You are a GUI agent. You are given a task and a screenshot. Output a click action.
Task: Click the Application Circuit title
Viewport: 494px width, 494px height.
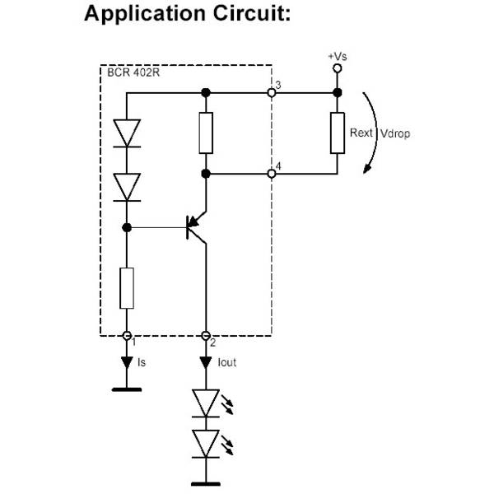(188, 16)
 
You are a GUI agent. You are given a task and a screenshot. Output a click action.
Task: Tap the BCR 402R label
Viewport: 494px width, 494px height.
(133, 72)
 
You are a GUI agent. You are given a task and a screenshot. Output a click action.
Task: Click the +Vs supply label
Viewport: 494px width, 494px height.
(336, 55)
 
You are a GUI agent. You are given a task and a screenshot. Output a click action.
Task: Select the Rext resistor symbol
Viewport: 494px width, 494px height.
(337, 133)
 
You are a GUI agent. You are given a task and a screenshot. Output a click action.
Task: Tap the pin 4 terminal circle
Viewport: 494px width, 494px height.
(271, 174)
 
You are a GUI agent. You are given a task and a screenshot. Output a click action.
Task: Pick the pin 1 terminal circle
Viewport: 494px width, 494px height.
(126, 335)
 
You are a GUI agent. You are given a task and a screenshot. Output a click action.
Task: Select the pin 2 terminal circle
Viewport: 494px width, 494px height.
(206, 335)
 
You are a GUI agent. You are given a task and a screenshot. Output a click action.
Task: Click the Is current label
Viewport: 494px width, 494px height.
(142, 361)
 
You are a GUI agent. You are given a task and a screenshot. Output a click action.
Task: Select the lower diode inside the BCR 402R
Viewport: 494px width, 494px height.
(126, 187)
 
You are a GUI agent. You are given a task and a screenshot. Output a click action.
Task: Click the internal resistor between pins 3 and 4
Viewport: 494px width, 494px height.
(206, 133)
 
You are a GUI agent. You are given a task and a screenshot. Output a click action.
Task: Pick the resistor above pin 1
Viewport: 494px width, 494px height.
(126, 287)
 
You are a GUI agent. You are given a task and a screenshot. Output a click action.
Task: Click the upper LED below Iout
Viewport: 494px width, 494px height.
(206, 403)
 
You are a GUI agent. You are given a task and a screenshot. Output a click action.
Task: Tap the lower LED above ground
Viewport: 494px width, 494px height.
(206, 443)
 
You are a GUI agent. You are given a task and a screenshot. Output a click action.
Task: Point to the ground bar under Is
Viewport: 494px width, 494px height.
(126, 388)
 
